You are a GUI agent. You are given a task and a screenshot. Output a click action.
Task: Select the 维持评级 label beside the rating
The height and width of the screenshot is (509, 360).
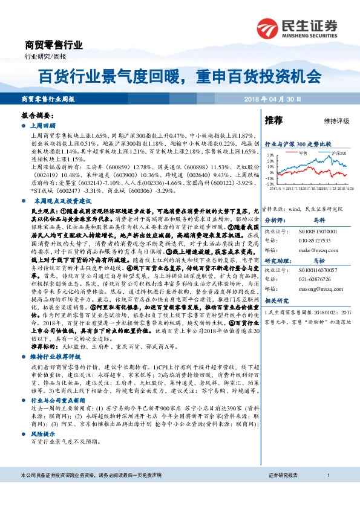(x=336, y=122)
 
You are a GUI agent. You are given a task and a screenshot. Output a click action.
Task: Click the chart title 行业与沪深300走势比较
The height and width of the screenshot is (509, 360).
(x=298, y=144)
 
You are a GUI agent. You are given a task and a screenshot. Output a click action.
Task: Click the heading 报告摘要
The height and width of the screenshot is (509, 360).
(x=38, y=115)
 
